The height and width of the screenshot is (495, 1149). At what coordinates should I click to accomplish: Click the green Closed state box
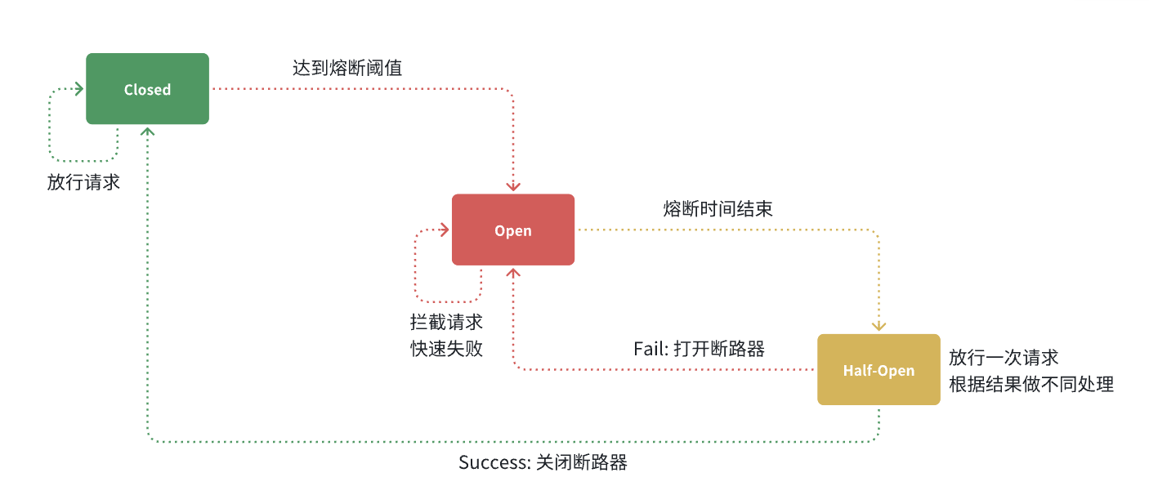[x=147, y=88]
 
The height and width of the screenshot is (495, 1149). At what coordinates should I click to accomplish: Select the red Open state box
[x=513, y=230]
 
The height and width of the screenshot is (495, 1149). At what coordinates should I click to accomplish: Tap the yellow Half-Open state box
[x=879, y=369]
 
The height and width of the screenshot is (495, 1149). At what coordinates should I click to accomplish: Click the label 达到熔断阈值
[x=347, y=68]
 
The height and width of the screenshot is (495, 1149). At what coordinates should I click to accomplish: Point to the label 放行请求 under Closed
[x=83, y=182]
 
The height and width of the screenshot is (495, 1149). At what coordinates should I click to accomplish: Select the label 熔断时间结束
[x=718, y=209]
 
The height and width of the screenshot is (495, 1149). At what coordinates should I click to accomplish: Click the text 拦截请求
[x=446, y=322]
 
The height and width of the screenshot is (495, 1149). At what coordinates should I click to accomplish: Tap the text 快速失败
[x=446, y=349]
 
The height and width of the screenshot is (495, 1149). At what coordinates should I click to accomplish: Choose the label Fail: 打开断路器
[x=699, y=349]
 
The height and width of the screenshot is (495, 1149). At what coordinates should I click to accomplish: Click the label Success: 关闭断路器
[x=543, y=462]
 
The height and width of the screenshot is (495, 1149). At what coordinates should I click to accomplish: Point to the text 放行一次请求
[x=1004, y=358]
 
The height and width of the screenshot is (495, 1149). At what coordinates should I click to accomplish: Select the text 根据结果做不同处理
[x=1031, y=384]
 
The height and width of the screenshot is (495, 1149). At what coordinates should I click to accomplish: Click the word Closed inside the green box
[x=147, y=90]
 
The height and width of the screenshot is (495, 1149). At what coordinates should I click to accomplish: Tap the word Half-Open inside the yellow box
[x=879, y=371]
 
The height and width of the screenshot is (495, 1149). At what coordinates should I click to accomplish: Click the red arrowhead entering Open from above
[x=513, y=188]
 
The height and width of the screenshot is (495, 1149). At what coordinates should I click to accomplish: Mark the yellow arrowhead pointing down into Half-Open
[x=879, y=327]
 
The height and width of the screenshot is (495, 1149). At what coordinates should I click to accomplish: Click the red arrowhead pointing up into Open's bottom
[x=513, y=272]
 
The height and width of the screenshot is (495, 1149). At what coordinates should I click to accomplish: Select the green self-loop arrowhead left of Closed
[x=79, y=88]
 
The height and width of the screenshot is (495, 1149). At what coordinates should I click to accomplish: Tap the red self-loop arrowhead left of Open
[x=445, y=230]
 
